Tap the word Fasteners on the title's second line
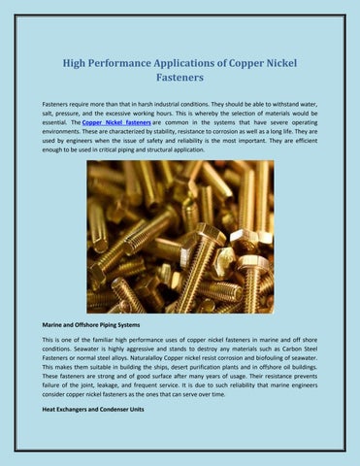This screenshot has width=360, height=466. click(180, 82)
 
